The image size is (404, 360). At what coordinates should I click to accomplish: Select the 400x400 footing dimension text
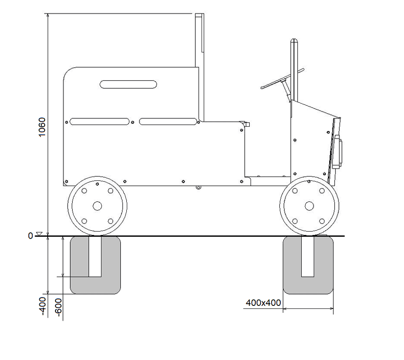(263, 302)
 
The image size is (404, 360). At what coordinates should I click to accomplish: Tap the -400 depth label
(43, 305)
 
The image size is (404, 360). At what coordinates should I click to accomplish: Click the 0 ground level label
(31, 236)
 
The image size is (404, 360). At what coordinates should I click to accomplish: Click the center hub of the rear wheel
(97, 205)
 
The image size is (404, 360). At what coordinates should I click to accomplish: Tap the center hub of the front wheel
(309, 205)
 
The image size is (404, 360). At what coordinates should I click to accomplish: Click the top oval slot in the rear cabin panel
(128, 84)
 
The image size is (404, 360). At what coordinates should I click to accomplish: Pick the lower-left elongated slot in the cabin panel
(100, 121)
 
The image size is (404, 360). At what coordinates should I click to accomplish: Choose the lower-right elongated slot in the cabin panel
(168, 121)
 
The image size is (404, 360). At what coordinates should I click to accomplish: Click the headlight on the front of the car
(338, 154)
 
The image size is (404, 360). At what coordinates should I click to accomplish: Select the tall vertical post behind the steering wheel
(294, 70)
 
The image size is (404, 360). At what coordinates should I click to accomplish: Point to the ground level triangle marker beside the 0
(39, 234)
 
